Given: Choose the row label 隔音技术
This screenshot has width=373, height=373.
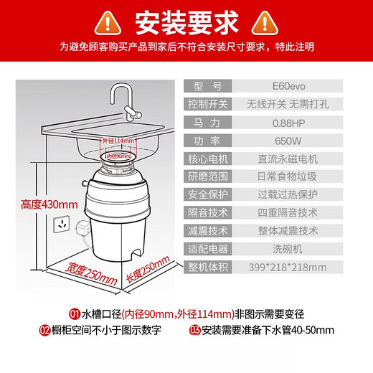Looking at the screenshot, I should click(x=208, y=213).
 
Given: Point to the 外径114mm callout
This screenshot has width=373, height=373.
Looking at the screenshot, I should click(x=119, y=141).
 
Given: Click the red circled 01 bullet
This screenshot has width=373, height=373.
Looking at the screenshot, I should click(x=74, y=313).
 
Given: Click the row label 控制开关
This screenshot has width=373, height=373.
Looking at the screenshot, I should click(x=208, y=104).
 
